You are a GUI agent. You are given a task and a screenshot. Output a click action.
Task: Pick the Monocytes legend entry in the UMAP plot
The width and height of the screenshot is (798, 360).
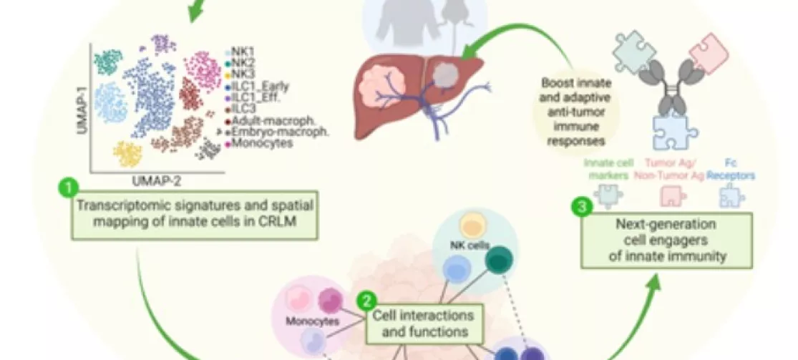[x=252, y=144]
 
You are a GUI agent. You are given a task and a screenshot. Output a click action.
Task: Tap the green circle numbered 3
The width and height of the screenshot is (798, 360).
[x=581, y=208]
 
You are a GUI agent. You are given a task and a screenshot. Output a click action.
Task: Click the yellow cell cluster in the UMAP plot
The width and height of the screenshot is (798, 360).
[x=129, y=155]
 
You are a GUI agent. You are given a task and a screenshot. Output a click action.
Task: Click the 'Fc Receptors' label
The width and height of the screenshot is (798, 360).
[x=729, y=170]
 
